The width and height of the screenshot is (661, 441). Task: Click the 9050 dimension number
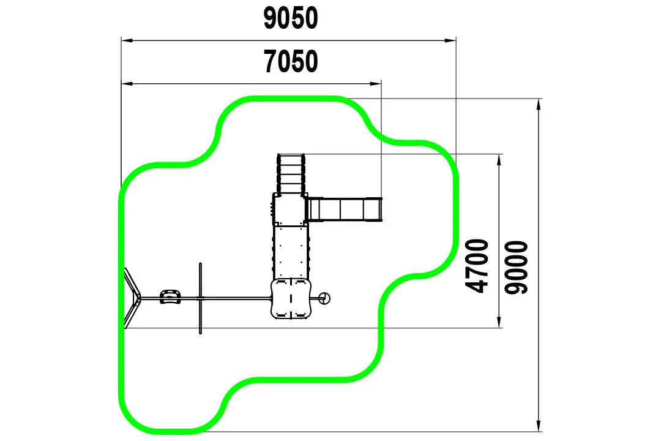coord(291,18)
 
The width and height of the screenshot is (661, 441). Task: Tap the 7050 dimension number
coord(291,62)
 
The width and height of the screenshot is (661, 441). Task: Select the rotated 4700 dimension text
coord(477,266)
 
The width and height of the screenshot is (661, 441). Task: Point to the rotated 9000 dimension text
coord(516,268)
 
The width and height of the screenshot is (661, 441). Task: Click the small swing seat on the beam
coord(170,296)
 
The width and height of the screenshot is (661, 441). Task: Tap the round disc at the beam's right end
coord(324,298)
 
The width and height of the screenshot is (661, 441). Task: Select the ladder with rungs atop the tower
coord(291,174)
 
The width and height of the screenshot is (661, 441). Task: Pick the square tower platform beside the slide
coord(289,209)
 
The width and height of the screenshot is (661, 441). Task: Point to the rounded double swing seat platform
coord(291,298)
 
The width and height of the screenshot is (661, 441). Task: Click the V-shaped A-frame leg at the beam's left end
coord(132,298)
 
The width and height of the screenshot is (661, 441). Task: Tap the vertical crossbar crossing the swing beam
coord(200,298)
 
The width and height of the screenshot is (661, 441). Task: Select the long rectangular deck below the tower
coord(291,252)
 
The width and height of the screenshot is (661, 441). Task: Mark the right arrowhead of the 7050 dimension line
coord(376,83)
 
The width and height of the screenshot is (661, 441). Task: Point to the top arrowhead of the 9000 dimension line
coord(539,105)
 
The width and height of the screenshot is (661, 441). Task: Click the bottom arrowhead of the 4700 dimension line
coord(499,322)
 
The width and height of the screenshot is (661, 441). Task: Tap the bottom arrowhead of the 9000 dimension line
coord(539,426)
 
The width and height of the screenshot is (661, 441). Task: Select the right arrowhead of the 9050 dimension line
coord(450,41)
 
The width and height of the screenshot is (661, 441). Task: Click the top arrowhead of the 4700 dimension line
coord(499,160)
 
